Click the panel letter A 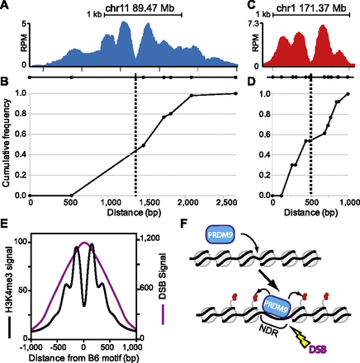coord(5,6)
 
